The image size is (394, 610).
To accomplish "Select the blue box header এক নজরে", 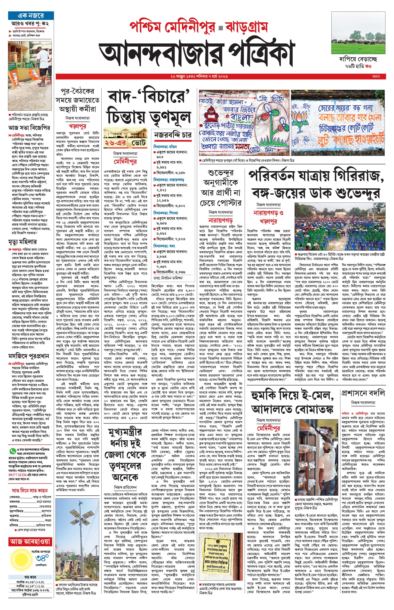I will [x=31, y=16].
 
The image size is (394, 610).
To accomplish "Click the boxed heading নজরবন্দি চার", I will [x=172, y=135].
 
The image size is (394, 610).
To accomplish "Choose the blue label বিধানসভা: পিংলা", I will [x=166, y=213].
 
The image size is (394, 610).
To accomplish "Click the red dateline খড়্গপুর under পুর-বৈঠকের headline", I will [x=77, y=126].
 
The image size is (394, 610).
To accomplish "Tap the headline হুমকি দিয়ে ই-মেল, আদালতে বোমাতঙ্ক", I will [x=292, y=402].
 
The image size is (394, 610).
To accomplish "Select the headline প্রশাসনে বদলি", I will [x=363, y=393].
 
